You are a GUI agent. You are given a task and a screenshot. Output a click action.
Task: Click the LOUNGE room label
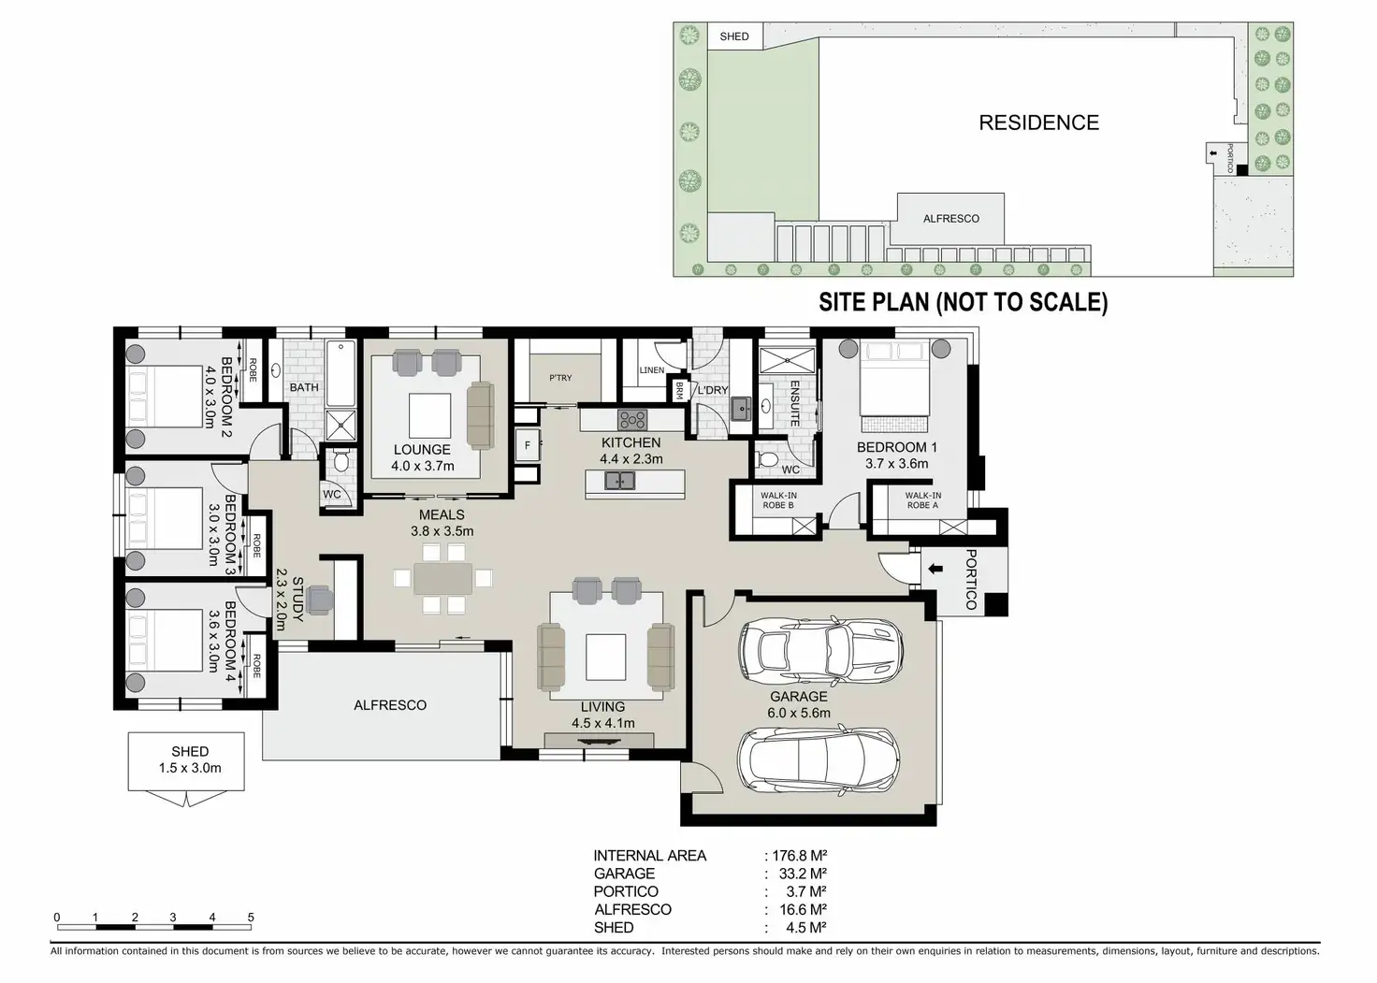pyautogui.click(x=422, y=450)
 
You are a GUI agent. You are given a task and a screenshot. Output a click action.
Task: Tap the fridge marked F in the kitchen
pyautogui.click(x=528, y=445)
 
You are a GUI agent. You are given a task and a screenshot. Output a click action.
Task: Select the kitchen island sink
pyautogui.click(x=618, y=481)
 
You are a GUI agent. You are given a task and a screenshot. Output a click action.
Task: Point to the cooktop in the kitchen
pyautogui.click(x=632, y=419)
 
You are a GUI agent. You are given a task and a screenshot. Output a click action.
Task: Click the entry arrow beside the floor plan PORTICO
pyautogui.click(x=935, y=569)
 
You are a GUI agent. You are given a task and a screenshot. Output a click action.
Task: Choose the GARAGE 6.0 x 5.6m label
pyautogui.click(x=799, y=704)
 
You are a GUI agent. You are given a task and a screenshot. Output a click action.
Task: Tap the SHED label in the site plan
pyautogui.click(x=734, y=36)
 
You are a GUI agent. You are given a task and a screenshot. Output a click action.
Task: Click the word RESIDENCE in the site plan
pyautogui.click(x=1038, y=123)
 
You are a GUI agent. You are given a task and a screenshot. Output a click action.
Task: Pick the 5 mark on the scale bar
pyautogui.click(x=251, y=918)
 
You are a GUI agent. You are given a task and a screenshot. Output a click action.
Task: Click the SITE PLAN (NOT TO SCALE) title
pyautogui.click(x=963, y=302)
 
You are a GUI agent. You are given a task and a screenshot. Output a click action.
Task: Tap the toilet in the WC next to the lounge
pyautogui.click(x=341, y=461)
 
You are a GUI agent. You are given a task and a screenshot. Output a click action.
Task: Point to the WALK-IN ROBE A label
pyautogui.click(x=922, y=500)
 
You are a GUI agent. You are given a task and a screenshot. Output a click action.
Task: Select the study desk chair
pyautogui.click(x=321, y=598)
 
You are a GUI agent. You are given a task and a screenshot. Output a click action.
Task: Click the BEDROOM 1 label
pyautogui.click(x=896, y=448)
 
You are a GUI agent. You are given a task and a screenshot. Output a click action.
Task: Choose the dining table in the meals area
pyautogui.click(x=443, y=580)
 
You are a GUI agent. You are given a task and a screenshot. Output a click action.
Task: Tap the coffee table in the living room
pyautogui.click(x=605, y=657)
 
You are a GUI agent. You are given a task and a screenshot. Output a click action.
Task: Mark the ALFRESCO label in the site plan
pyautogui.click(x=950, y=219)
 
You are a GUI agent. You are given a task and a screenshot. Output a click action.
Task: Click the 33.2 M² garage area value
pyautogui.click(x=802, y=874)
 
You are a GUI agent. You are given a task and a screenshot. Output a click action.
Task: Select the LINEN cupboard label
pyautogui.click(x=651, y=370)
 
